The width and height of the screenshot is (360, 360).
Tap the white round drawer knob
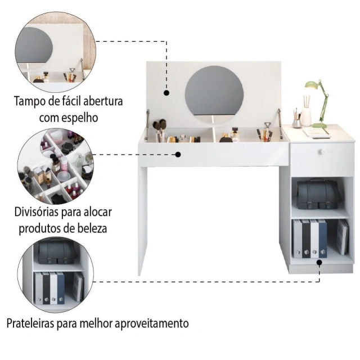coord(322,151)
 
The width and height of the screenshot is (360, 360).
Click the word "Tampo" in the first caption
coord(30,101)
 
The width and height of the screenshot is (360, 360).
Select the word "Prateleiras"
coord(30,323)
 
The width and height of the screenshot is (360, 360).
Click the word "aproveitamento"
coord(152,324)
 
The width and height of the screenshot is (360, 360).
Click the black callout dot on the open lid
coord(166,93)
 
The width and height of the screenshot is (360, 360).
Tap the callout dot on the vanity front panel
coord(178,155)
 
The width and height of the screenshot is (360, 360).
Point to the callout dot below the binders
coord(319,263)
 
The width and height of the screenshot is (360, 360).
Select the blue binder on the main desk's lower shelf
coord(322,238)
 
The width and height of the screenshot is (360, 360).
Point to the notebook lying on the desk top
coord(317,133)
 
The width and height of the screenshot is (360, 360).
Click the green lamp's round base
coord(319,125)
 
